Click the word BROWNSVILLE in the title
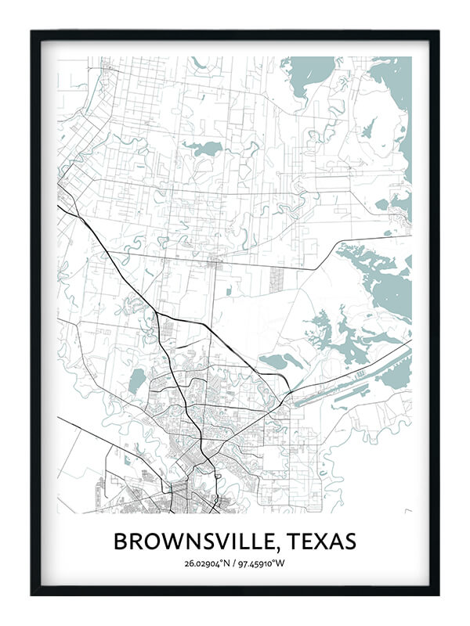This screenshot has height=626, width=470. (195, 541)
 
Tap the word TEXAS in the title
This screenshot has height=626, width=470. (321, 541)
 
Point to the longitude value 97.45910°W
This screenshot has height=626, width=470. (264, 563)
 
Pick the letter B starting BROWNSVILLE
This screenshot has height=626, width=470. (121, 541)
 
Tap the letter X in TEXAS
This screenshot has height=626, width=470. (321, 541)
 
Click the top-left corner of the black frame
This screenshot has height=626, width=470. (32, 32)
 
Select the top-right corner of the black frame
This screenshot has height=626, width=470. (438, 32)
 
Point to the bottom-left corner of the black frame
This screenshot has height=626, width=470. (32, 594)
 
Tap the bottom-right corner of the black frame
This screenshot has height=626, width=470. (438, 594)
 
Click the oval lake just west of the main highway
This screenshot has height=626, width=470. (137, 381)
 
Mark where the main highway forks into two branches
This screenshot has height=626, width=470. (159, 315)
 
